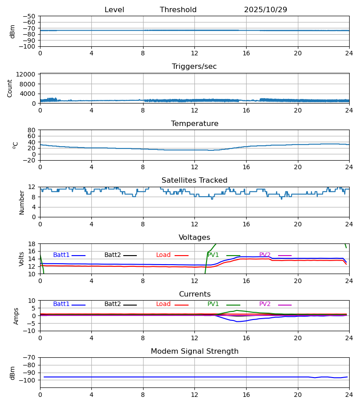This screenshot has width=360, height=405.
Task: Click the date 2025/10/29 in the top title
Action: [265, 10]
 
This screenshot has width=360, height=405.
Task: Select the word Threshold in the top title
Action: [178, 10]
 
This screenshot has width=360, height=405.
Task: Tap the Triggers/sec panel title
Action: [194, 67]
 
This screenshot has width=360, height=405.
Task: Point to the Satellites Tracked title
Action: [194, 180]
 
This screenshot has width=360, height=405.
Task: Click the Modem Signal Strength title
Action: [194, 351]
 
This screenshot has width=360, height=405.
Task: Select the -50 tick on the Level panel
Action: [30, 16]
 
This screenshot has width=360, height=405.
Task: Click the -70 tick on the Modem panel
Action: [30, 358]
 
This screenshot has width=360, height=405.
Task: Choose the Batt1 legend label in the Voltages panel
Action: [61, 255]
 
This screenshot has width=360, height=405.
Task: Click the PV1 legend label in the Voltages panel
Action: [213, 255]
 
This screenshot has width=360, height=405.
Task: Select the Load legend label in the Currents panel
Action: [163, 304]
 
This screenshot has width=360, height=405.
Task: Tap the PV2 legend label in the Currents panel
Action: [265, 304]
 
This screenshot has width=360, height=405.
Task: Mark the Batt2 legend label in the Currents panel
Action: [112, 304]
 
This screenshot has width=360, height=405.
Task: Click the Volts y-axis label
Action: [22, 259]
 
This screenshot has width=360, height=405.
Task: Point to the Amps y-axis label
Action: [17, 316]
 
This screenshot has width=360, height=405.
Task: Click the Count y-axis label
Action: [10, 88]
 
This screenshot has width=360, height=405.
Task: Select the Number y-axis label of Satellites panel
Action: [22, 202]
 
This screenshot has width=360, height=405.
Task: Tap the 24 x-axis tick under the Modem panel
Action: [349, 395]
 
